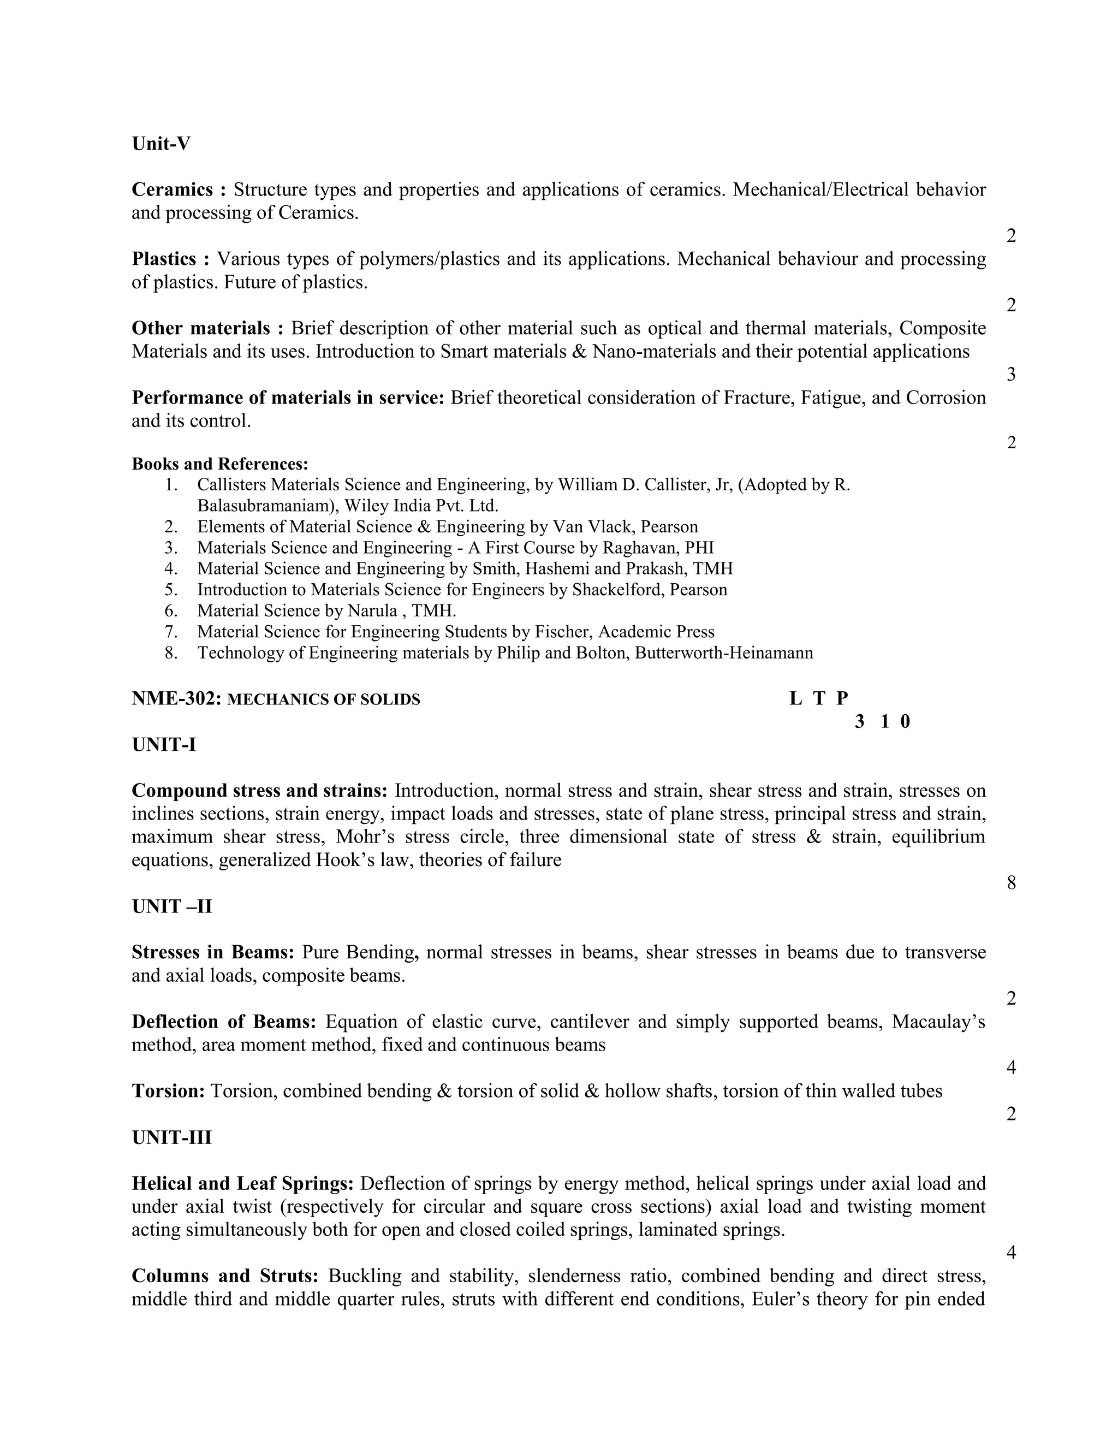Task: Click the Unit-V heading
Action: click(161, 144)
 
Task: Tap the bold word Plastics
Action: click(164, 259)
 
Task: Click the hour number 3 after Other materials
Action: click(1010, 375)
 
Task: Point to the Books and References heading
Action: click(220, 464)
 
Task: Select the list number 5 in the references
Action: click(171, 590)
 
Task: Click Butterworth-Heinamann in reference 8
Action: click(723, 653)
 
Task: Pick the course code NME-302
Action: click(176, 698)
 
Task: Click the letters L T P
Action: click(819, 698)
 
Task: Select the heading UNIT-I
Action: click(164, 745)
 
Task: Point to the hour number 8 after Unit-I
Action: click(1010, 882)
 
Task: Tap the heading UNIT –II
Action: click(171, 906)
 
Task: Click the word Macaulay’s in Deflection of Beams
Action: click(938, 1022)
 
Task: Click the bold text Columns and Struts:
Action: click(225, 1276)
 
